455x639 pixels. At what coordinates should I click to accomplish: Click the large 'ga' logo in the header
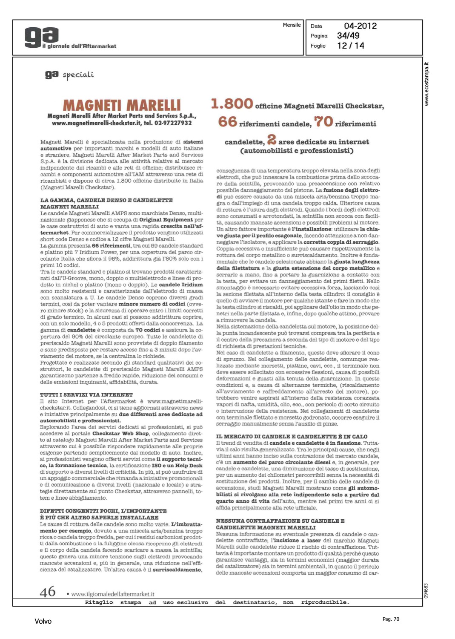(x=41, y=37)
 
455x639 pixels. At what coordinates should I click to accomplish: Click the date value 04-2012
(x=360, y=26)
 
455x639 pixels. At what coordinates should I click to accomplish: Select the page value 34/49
(x=348, y=36)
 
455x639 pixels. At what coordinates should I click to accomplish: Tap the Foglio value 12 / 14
(x=350, y=46)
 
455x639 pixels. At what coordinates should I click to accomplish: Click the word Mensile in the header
(x=292, y=25)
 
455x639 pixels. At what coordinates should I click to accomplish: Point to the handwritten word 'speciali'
(x=78, y=75)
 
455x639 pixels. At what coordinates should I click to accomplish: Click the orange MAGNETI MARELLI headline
(x=122, y=105)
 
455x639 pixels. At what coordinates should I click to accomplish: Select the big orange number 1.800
(x=232, y=104)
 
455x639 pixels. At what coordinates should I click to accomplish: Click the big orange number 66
(x=227, y=122)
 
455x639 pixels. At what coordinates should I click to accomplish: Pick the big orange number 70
(x=323, y=122)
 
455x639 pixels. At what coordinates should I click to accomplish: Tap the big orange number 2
(x=272, y=139)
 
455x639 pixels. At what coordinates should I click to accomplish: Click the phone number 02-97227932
(x=174, y=123)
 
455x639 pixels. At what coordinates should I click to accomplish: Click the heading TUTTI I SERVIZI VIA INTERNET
(x=86, y=395)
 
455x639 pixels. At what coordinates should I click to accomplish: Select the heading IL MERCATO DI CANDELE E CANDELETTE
(x=292, y=437)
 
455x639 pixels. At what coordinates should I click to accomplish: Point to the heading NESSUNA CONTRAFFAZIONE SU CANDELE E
(x=280, y=521)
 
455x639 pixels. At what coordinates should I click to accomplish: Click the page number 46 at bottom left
(x=48, y=592)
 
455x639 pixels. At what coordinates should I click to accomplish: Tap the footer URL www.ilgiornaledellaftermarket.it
(x=112, y=594)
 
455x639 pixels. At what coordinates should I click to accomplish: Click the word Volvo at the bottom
(x=43, y=622)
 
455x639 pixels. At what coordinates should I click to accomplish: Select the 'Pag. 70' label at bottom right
(x=391, y=619)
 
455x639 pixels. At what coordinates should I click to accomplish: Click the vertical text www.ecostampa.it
(x=426, y=84)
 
